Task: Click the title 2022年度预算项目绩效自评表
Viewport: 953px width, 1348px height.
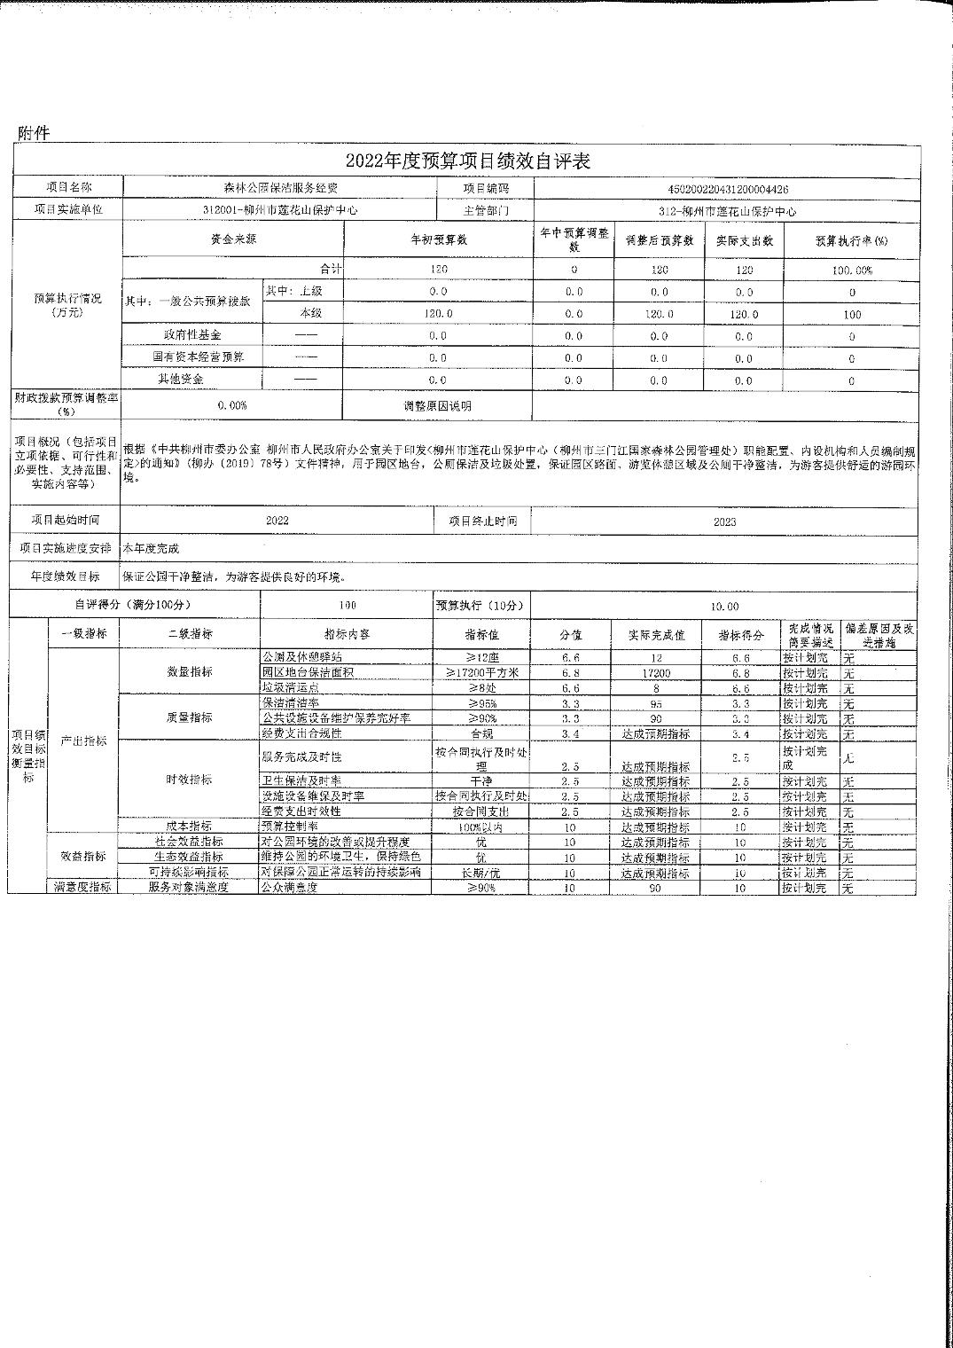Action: [x=467, y=161]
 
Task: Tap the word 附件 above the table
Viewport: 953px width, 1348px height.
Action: [x=34, y=134]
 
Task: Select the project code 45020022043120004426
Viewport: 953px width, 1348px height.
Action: [x=727, y=189]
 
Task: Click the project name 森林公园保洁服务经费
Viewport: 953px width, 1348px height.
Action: [x=281, y=188]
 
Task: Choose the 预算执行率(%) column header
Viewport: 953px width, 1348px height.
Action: [x=851, y=241]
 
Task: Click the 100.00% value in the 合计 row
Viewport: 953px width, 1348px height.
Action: [x=851, y=270]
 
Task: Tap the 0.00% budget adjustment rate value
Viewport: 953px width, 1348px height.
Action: [x=232, y=405]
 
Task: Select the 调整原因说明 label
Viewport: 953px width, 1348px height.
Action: [x=438, y=406]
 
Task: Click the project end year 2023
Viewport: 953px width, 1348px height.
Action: [x=724, y=521]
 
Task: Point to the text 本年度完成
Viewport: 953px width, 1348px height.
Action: [x=151, y=549]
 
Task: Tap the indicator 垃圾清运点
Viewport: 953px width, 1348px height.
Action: [x=289, y=688]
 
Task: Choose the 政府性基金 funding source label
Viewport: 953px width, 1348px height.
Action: [x=192, y=335]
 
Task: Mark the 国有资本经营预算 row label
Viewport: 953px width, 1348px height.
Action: [x=192, y=357]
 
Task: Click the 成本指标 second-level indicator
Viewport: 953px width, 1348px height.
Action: [x=190, y=826]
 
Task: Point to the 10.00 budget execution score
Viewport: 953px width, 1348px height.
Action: [x=724, y=606]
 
